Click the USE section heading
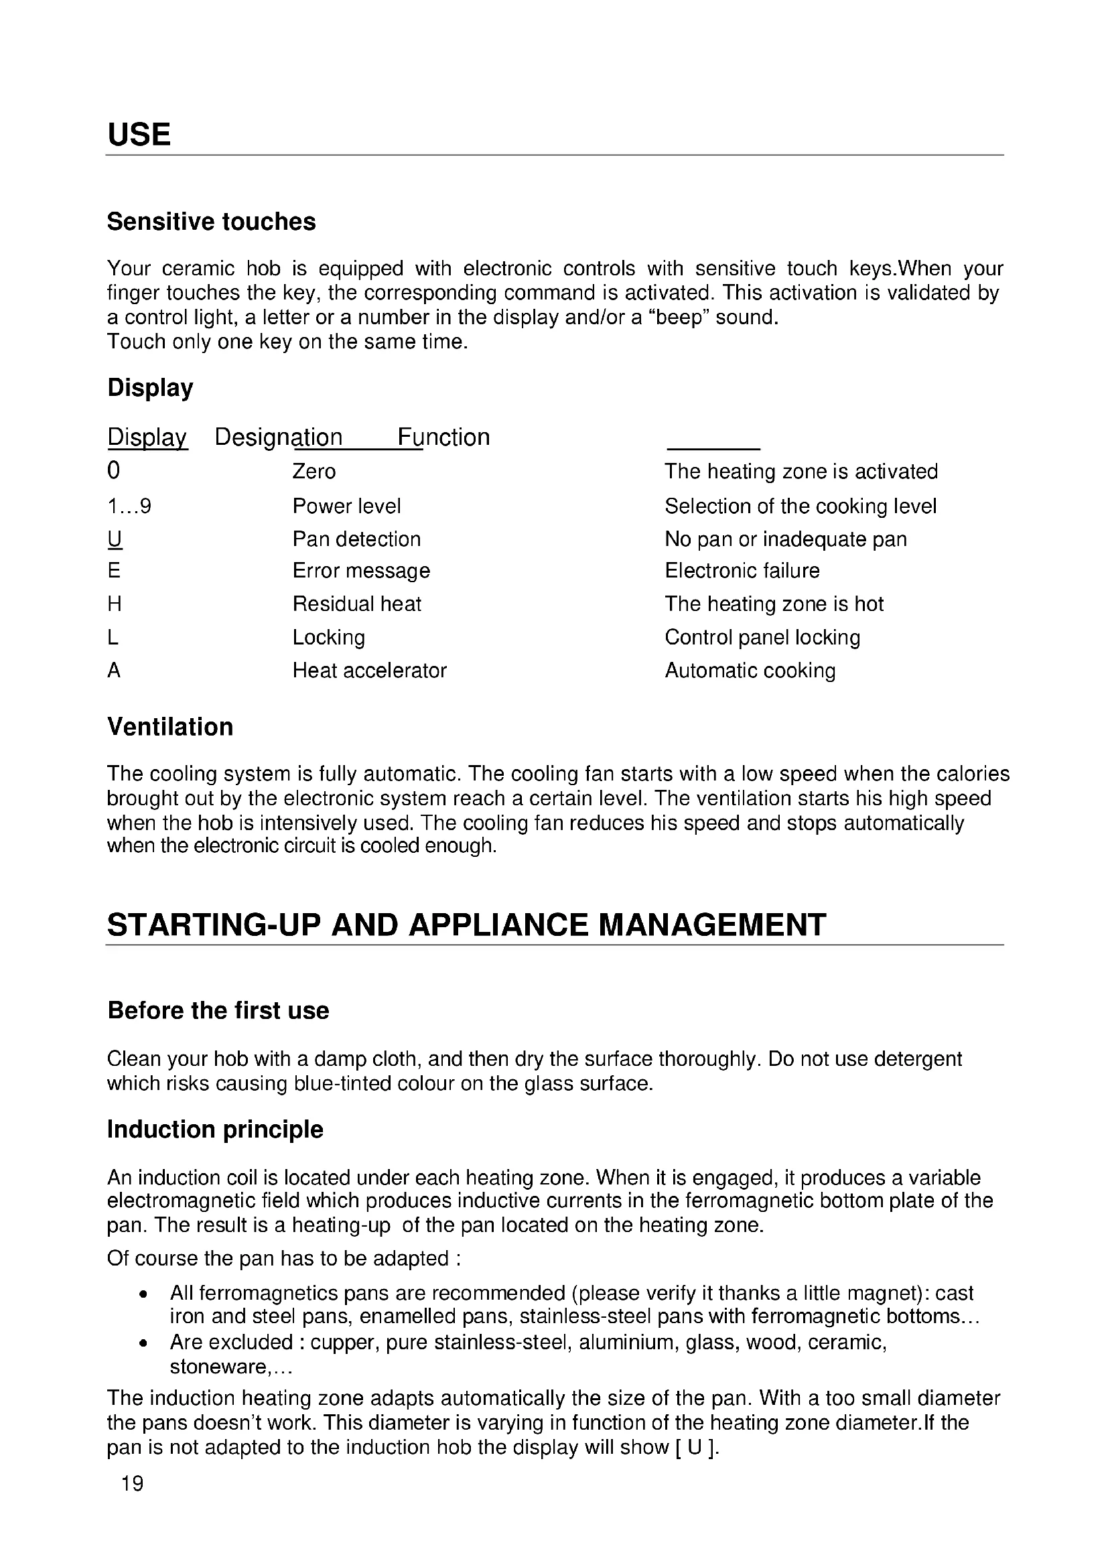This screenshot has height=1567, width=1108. pyautogui.click(x=139, y=135)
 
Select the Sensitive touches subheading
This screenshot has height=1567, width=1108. pyautogui.click(x=212, y=222)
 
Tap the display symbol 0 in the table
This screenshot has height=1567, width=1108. pyautogui.click(x=114, y=471)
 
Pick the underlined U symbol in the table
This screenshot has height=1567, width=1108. pyautogui.click(x=115, y=539)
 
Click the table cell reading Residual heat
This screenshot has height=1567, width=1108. pyautogui.click(x=357, y=604)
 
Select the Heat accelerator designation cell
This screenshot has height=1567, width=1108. pyautogui.click(x=369, y=671)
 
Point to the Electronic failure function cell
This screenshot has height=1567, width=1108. pyautogui.click(x=742, y=571)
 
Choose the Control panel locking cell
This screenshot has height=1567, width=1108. pyautogui.click(x=762, y=637)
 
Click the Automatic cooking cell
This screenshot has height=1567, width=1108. pyautogui.click(x=750, y=671)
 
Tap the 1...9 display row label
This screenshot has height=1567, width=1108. pyautogui.click(x=130, y=506)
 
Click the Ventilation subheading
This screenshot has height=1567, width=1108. pyautogui.click(x=171, y=727)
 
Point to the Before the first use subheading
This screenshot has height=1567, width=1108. pyautogui.click(x=218, y=1011)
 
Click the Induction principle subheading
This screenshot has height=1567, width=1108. pyautogui.click(x=215, y=1130)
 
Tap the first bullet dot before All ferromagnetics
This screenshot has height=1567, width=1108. pyautogui.click(x=143, y=1294)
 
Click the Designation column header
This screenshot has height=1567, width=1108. pyautogui.click(x=279, y=437)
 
